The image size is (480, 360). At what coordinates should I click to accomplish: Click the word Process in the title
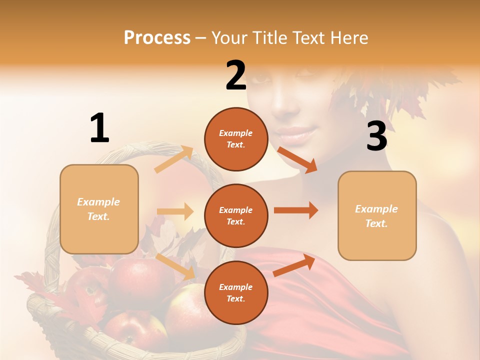(x=157, y=37)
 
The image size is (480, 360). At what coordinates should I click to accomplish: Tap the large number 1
(x=99, y=128)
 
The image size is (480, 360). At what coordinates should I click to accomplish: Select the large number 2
(x=236, y=75)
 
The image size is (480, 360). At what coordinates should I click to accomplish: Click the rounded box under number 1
(x=99, y=209)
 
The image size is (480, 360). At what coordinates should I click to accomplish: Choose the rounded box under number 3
(x=377, y=215)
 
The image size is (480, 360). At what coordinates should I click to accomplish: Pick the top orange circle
(x=236, y=139)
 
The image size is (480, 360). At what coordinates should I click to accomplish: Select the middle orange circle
(x=236, y=215)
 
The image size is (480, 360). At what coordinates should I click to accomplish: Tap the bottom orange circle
(x=236, y=292)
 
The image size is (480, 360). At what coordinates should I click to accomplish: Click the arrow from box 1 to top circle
(x=174, y=159)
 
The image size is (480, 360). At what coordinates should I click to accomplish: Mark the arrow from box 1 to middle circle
(x=175, y=211)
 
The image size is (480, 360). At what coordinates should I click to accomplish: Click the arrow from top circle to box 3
(x=297, y=160)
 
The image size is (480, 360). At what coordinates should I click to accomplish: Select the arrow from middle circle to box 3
(x=295, y=210)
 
